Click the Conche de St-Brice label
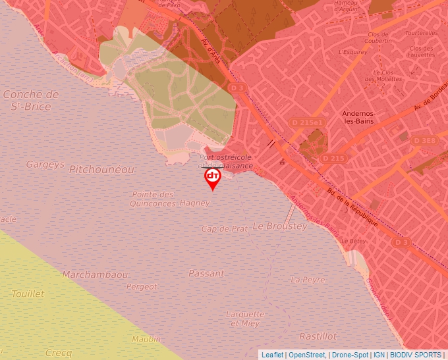coord(31,99)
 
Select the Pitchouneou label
coord(101,170)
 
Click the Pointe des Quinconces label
coord(153,199)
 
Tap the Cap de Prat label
coord(225,228)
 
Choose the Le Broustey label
coord(279,226)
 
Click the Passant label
coord(206,273)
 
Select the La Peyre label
coord(308,280)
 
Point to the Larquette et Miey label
coord(245,319)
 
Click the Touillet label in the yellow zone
coord(28,294)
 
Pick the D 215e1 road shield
coord(308,122)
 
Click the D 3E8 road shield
coord(424,140)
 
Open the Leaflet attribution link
coord(272,355)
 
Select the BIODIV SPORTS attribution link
coord(416,355)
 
